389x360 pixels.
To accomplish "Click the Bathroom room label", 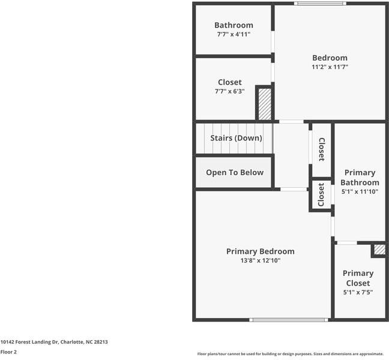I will coord(234,25).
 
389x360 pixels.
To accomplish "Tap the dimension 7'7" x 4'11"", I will coord(234,35).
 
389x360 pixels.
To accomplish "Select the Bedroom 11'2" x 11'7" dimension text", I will coord(330,67).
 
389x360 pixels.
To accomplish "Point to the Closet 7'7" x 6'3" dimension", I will coord(229,92).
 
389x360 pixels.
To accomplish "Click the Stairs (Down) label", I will coord(236,138).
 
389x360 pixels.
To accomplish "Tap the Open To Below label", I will coord(235,172).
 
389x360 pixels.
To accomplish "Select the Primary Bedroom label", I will coord(260,251).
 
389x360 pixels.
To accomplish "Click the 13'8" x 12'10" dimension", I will coord(260,261).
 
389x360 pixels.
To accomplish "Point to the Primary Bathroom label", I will coord(360,178).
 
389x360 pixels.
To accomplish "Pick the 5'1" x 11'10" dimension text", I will coord(360,192).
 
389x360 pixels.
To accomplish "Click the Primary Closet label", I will coord(358,278).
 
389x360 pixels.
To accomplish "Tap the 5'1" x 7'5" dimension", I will coord(358,293).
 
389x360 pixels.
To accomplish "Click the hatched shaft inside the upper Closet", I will coord(264,103).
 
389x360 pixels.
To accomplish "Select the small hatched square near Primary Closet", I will coord(379,250).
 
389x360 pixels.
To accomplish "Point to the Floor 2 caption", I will coord(8,352).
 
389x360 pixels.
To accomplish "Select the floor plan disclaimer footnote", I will coord(290,354).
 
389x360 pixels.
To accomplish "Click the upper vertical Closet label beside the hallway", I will coord(321,149).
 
